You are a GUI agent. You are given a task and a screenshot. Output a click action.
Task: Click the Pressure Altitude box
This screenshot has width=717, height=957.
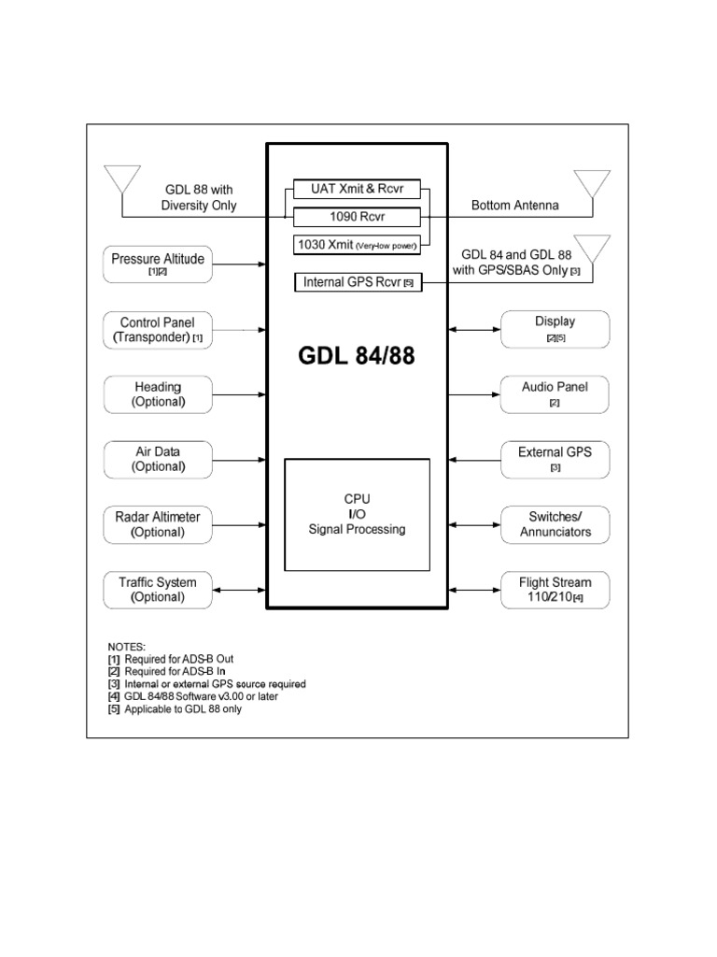point(158,264)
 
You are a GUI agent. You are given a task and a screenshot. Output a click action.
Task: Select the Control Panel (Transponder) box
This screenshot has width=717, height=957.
point(158,329)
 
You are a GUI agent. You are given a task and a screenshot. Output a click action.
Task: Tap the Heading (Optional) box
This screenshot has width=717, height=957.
point(158,394)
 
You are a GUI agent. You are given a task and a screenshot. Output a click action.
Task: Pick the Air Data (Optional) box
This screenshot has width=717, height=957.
point(158,459)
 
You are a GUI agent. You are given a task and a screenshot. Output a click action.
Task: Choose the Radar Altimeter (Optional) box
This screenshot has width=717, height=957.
point(158,524)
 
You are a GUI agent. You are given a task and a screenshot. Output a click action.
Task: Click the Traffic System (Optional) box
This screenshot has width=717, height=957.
point(158,590)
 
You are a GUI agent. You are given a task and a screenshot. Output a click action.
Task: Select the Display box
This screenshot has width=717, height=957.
point(555,329)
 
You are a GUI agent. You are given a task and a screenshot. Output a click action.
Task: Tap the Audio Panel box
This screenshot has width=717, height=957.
point(555,394)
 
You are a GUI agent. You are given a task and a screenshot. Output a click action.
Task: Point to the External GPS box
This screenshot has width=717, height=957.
point(555,459)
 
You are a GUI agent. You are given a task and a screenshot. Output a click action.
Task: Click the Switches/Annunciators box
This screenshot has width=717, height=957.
point(555,524)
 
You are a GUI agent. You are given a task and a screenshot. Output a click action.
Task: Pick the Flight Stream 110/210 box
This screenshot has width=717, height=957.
point(555,590)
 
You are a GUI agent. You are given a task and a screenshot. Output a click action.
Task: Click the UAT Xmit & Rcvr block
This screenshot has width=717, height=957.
point(358,190)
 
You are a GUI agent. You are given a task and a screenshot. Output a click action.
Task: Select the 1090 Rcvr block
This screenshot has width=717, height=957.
point(358,218)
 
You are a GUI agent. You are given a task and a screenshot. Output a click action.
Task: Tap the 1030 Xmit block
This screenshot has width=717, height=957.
point(358,246)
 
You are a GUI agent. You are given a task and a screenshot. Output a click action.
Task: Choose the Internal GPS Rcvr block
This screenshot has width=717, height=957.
point(358,281)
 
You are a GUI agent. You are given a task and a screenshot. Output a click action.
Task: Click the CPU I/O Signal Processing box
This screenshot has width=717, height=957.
point(358,514)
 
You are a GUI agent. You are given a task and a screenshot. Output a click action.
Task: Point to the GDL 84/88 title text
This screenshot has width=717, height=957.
point(358,359)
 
